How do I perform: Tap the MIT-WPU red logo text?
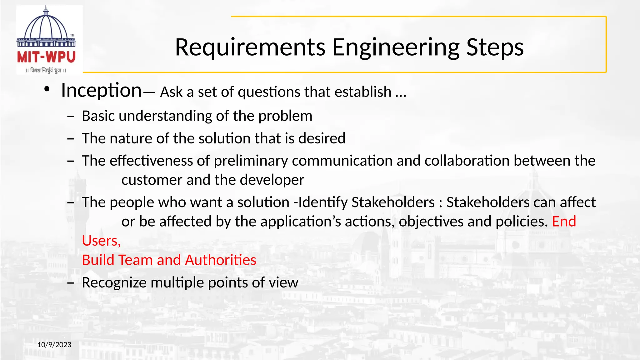(46, 57)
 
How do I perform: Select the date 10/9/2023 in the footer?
(54, 345)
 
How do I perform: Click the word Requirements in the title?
(250, 47)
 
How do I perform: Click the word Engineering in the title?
(396, 47)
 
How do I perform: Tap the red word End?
(564, 222)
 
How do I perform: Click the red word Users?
(101, 241)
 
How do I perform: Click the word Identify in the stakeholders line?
(323, 202)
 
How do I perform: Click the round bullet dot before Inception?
(47, 90)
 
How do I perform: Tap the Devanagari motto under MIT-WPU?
(46, 71)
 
